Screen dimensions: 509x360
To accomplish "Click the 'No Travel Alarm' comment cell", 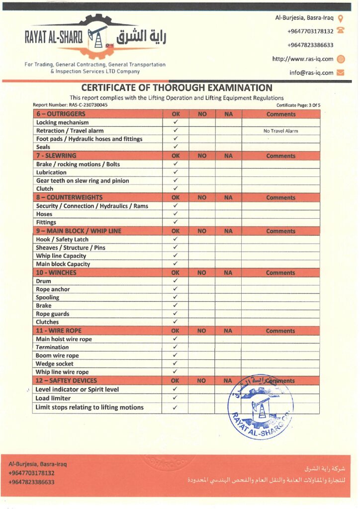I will pos(280,131).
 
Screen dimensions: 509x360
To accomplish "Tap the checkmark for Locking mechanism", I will pos(176,122).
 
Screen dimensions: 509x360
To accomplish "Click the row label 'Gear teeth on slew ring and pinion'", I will pos(82,181).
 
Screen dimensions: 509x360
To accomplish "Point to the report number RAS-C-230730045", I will pos(70,105).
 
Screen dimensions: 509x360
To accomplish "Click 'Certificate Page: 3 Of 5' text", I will pos(298,105).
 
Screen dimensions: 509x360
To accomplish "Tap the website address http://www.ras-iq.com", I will pos(302,59).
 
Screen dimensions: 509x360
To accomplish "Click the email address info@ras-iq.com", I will pos(311,73).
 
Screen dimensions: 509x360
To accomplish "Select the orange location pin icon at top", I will pos(341,18).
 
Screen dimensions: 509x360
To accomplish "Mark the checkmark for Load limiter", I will pos(176,398).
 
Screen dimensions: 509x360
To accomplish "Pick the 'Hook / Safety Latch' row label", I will pos(62,240).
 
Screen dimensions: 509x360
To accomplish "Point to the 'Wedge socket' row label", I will pos(54,364).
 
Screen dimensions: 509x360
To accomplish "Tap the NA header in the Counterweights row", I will pos(228,197).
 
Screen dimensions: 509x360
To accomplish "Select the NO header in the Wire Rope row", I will pos(201,331).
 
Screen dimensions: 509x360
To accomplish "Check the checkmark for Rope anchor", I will pos(176,289).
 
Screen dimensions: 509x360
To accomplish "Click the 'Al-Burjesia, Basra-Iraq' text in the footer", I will pos(37,464).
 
